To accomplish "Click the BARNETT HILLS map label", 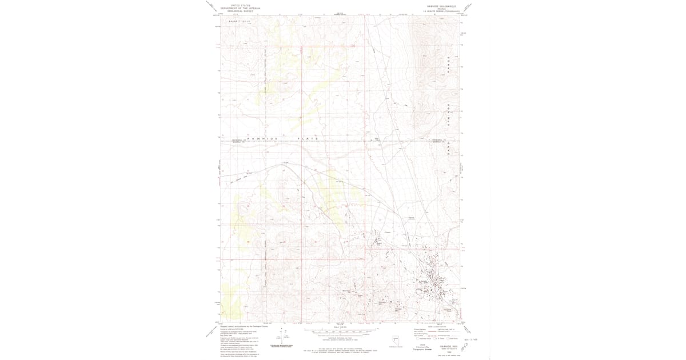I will [240, 21].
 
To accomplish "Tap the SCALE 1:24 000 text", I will [340, 326].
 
